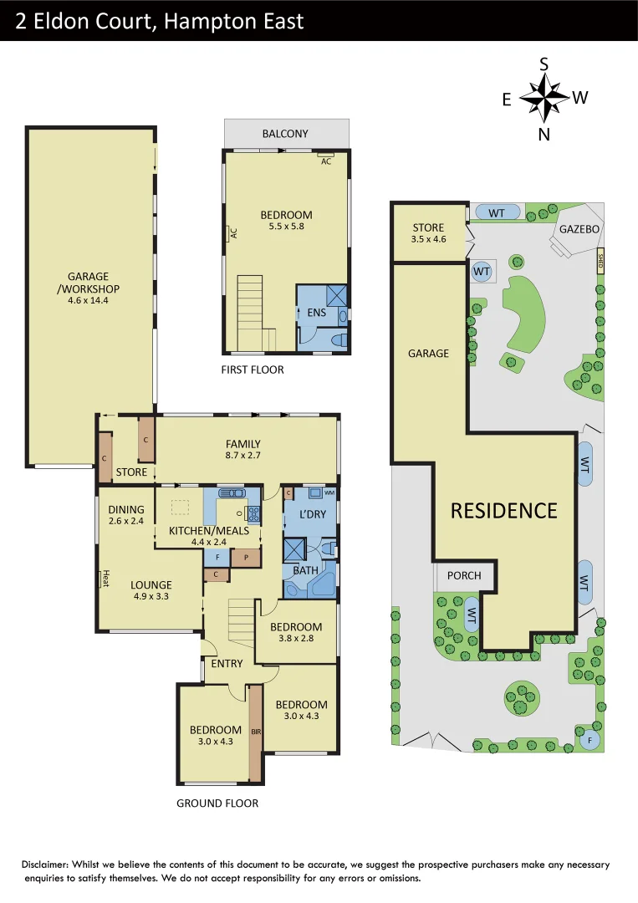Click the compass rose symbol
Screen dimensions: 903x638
point(544,98)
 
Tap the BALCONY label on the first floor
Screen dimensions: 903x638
point(285,134)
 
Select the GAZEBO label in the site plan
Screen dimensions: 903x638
point(579,229)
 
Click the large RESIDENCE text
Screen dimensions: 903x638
point(503,511)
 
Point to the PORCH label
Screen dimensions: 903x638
point(464,575)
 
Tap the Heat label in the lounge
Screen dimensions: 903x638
point(105,578)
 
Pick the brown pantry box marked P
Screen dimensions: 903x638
point(247,557)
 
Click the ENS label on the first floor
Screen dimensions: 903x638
point(304,314)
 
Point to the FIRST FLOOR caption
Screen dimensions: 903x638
point(253,370)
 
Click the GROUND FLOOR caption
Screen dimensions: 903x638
point(217,804)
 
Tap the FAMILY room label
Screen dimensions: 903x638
point(242,444)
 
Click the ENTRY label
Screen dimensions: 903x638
point(227,664)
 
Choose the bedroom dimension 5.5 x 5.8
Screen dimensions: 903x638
point(286,227)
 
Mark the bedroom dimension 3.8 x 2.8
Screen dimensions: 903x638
point(296,640)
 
